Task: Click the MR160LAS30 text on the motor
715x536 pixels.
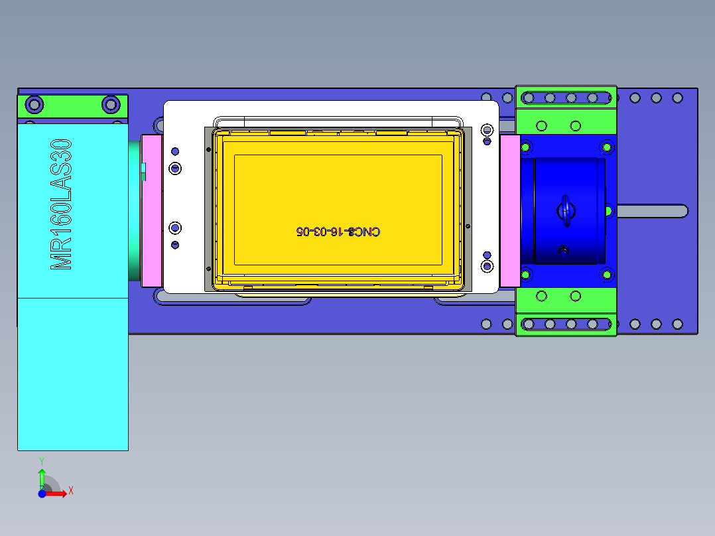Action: (61, 204)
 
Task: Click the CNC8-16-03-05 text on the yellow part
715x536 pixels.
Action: (338, 232)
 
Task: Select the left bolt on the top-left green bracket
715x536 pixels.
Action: (34, 105)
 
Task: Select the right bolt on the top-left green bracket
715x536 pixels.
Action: (111, 105)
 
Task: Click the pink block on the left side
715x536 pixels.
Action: (152, 210)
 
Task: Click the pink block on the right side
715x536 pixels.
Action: (510, 210)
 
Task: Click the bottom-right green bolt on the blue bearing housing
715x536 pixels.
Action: (607, 274)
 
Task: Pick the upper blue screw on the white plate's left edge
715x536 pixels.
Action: (175, 168)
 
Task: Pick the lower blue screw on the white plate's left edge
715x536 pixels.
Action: (175, 228)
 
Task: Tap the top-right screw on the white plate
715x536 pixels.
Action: (487, 129)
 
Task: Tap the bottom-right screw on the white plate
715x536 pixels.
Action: (487, 266)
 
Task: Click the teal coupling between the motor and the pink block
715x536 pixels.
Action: (135, 210)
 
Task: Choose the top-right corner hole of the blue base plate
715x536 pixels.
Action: (677, 98)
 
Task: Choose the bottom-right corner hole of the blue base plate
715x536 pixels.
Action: (677, 324)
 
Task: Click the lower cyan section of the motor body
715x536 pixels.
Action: (72, 373)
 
